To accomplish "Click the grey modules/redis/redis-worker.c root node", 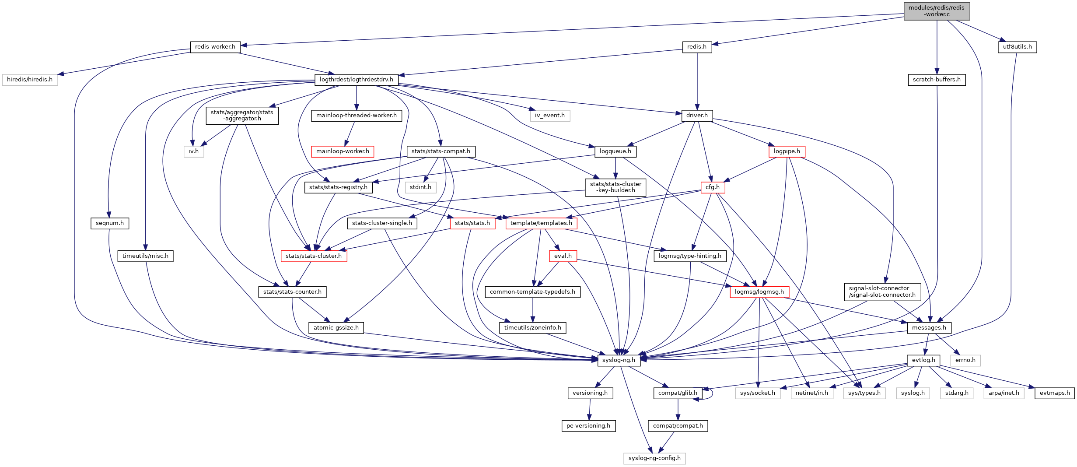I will point(937,11).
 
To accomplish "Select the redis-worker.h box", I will point(215,47).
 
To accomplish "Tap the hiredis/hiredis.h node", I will point(30,80).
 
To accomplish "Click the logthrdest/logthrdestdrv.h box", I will point(356,80).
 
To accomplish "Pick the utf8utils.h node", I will point(1017,47).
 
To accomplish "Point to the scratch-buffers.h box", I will point(937,80).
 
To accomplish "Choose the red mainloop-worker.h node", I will point(343,151).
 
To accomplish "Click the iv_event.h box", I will point(549,116).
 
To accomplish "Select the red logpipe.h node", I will point(787,151).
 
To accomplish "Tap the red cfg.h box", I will point(712,187).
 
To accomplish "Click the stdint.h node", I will point(420,187).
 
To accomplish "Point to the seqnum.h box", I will point(110,223).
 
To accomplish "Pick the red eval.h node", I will point(563,256).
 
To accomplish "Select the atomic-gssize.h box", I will point(336,328).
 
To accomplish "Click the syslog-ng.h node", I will point(619,360).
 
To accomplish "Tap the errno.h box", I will point(965,360).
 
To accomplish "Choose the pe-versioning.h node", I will point(588,426).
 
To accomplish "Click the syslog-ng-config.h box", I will point(654,458).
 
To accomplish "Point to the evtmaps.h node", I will point(1054,393).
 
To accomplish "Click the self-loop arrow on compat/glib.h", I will point(711,393).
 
